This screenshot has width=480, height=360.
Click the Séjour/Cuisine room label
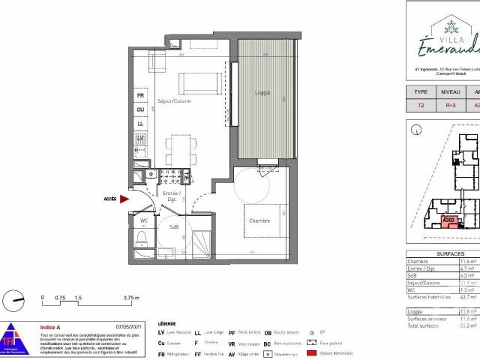174,100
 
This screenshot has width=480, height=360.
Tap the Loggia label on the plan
262,94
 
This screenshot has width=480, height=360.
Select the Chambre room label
259,220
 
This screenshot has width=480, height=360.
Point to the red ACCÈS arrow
124,199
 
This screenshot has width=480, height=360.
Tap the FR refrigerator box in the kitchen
140,95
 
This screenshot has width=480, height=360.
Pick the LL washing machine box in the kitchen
140,124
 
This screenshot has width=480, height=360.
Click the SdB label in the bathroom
173,226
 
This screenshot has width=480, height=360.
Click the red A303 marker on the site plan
449,220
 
